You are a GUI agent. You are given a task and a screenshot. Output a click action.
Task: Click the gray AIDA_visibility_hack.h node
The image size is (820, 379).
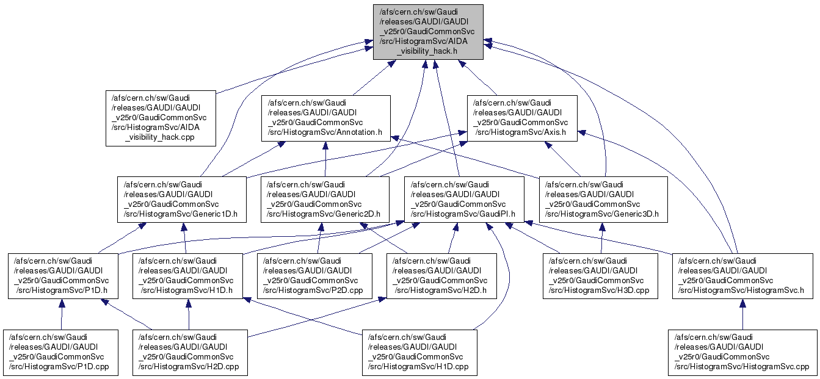pos(428,32)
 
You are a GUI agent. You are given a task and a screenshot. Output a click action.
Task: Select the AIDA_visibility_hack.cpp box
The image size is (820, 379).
pos(161,118)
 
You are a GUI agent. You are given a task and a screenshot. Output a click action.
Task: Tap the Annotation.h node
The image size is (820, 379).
pos(326,118)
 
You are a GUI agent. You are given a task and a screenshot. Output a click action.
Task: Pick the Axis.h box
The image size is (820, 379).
pos(522,118)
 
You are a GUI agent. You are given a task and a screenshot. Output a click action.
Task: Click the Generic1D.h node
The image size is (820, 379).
pos(182,199)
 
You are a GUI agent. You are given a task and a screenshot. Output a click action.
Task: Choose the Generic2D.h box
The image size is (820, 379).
pos(325,199)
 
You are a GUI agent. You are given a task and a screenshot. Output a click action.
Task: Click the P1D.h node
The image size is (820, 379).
pos(62,276)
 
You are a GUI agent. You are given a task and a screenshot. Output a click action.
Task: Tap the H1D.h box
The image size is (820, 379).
pos(188,276)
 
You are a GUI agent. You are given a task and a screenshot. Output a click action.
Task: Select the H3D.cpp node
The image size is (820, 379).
pos(600,276)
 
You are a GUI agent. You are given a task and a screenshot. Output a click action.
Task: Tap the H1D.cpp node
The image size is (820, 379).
pos(419,352)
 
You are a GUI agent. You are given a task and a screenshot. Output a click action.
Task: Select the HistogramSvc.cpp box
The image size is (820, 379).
pos(742,352)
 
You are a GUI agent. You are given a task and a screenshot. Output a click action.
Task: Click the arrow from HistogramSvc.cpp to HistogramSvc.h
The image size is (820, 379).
pos(742,314)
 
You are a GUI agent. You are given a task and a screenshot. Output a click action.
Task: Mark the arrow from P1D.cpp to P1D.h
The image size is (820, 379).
pos(61,314)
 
